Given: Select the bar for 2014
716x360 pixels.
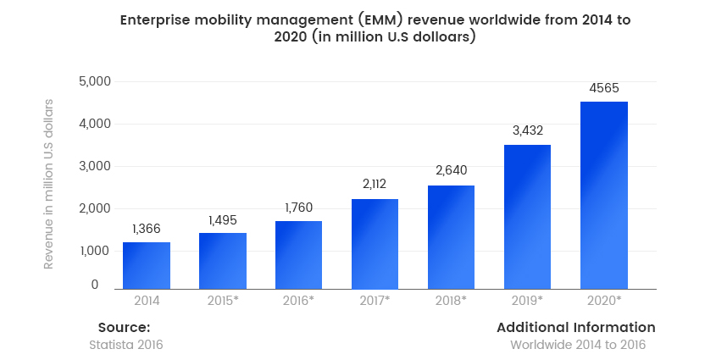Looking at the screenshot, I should tap(147, 265).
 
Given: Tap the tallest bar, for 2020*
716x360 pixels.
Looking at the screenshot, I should tap(603, 195).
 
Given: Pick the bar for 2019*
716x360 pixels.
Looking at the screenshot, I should tap(527, 217).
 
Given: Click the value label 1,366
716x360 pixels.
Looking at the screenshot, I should tap(147, 229).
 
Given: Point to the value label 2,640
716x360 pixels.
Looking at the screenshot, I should tap(451, 170).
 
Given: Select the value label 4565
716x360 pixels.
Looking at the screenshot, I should tap(603, 87).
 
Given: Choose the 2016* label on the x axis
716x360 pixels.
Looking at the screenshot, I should tap(299, 300).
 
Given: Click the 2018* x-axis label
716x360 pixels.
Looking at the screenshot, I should tap(451, 300).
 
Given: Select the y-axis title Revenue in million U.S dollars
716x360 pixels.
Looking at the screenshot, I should tap(49, 184).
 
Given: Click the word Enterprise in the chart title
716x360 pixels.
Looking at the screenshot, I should tap(154, 19).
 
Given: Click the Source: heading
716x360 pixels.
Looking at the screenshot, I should tap(124, 327).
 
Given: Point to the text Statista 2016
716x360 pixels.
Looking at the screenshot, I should tap(125, 345).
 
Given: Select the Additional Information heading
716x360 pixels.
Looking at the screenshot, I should tap(575, 327).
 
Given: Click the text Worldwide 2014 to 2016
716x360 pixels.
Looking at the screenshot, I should tap(577, 345).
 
